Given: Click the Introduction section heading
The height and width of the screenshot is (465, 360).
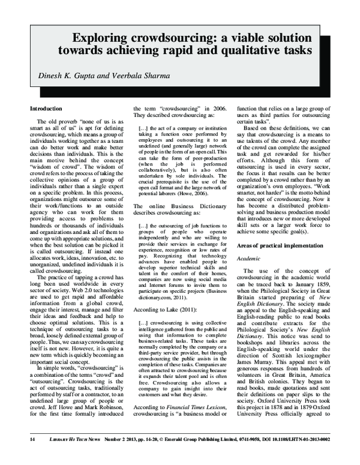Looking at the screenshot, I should [46, 109].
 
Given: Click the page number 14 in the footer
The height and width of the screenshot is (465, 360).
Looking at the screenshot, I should [23, 455].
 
